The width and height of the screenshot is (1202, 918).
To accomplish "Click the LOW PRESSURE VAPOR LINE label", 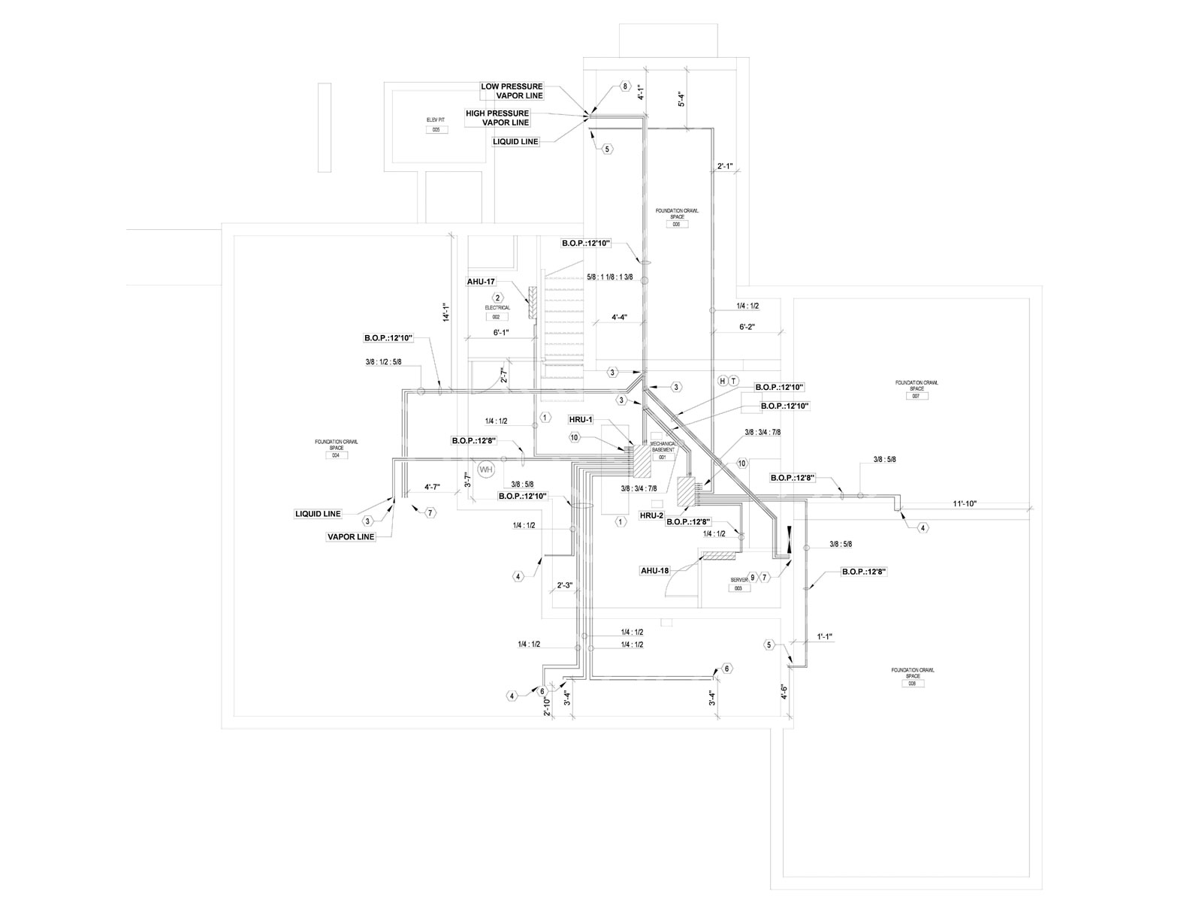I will pos(512,91).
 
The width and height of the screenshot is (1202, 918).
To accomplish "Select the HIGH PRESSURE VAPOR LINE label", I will pos(497,117).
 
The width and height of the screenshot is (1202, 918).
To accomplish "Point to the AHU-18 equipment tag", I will pos(654,570).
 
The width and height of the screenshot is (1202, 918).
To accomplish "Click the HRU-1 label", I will pos(581,419).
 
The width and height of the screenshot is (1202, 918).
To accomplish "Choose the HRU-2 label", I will pos(651,515).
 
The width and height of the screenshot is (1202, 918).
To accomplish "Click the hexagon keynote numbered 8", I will pos(624,86).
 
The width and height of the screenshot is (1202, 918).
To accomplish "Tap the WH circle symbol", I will pos(486,470).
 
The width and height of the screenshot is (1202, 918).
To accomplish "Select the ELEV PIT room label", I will pos(436,119).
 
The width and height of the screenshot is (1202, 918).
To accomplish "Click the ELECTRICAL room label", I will pos(497,307).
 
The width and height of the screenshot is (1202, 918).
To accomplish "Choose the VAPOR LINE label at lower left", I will pos(350,537).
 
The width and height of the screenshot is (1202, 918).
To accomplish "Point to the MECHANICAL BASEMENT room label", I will pos(663,446).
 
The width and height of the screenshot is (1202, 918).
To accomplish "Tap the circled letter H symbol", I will pos(723,381).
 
